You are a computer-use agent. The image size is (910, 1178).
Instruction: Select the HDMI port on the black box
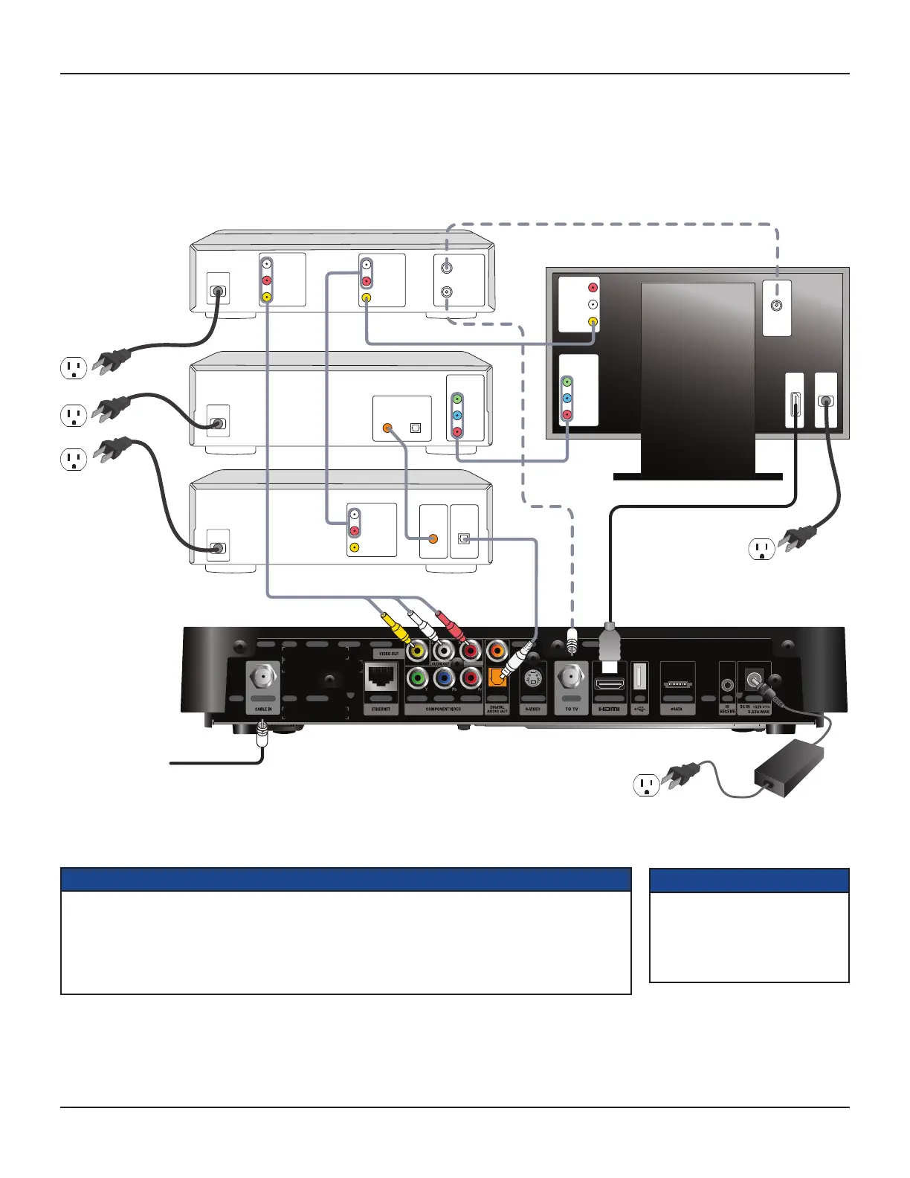[x=609, y=682]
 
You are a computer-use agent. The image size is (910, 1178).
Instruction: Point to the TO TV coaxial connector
[x=571, y=677]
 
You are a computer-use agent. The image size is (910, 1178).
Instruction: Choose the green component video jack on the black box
[x=417, y=677]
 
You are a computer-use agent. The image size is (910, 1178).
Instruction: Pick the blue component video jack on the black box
[x=444, y=677]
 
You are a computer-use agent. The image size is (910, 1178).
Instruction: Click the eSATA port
[x=677, y=681]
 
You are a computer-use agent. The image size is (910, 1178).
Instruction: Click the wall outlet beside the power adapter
[x=646, y=785]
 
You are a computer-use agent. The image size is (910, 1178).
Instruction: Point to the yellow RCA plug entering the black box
[x=397, y=629]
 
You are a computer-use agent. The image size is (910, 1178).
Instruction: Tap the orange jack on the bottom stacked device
[x=433, y=538]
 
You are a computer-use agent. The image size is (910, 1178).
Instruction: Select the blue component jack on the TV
[x=567, y=398]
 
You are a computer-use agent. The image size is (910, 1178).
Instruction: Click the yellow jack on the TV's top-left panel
[x=593, y=322]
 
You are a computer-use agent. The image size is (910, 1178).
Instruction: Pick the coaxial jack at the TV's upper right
[x=777, y=306]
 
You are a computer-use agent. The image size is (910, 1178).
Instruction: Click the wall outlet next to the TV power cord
[x=761, y=550]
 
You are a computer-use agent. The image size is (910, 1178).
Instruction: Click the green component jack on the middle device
[x=457, y=399]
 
